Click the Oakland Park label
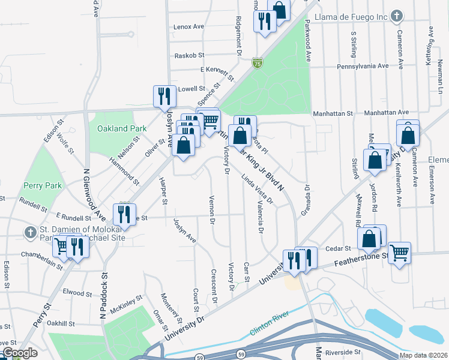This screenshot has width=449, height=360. point(122,128)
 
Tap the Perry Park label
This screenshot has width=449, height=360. point(43,185)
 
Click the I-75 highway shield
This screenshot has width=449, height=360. point(257,62)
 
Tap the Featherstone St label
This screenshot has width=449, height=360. point(360,262)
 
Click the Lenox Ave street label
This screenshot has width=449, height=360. point(189,27)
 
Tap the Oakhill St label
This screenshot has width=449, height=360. point(61,323)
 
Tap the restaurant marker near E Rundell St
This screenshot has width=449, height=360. point(124,214)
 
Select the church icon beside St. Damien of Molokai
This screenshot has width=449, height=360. point(31,232)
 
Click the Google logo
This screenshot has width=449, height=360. point(19,353)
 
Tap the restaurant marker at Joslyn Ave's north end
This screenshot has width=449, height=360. point(163,96)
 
